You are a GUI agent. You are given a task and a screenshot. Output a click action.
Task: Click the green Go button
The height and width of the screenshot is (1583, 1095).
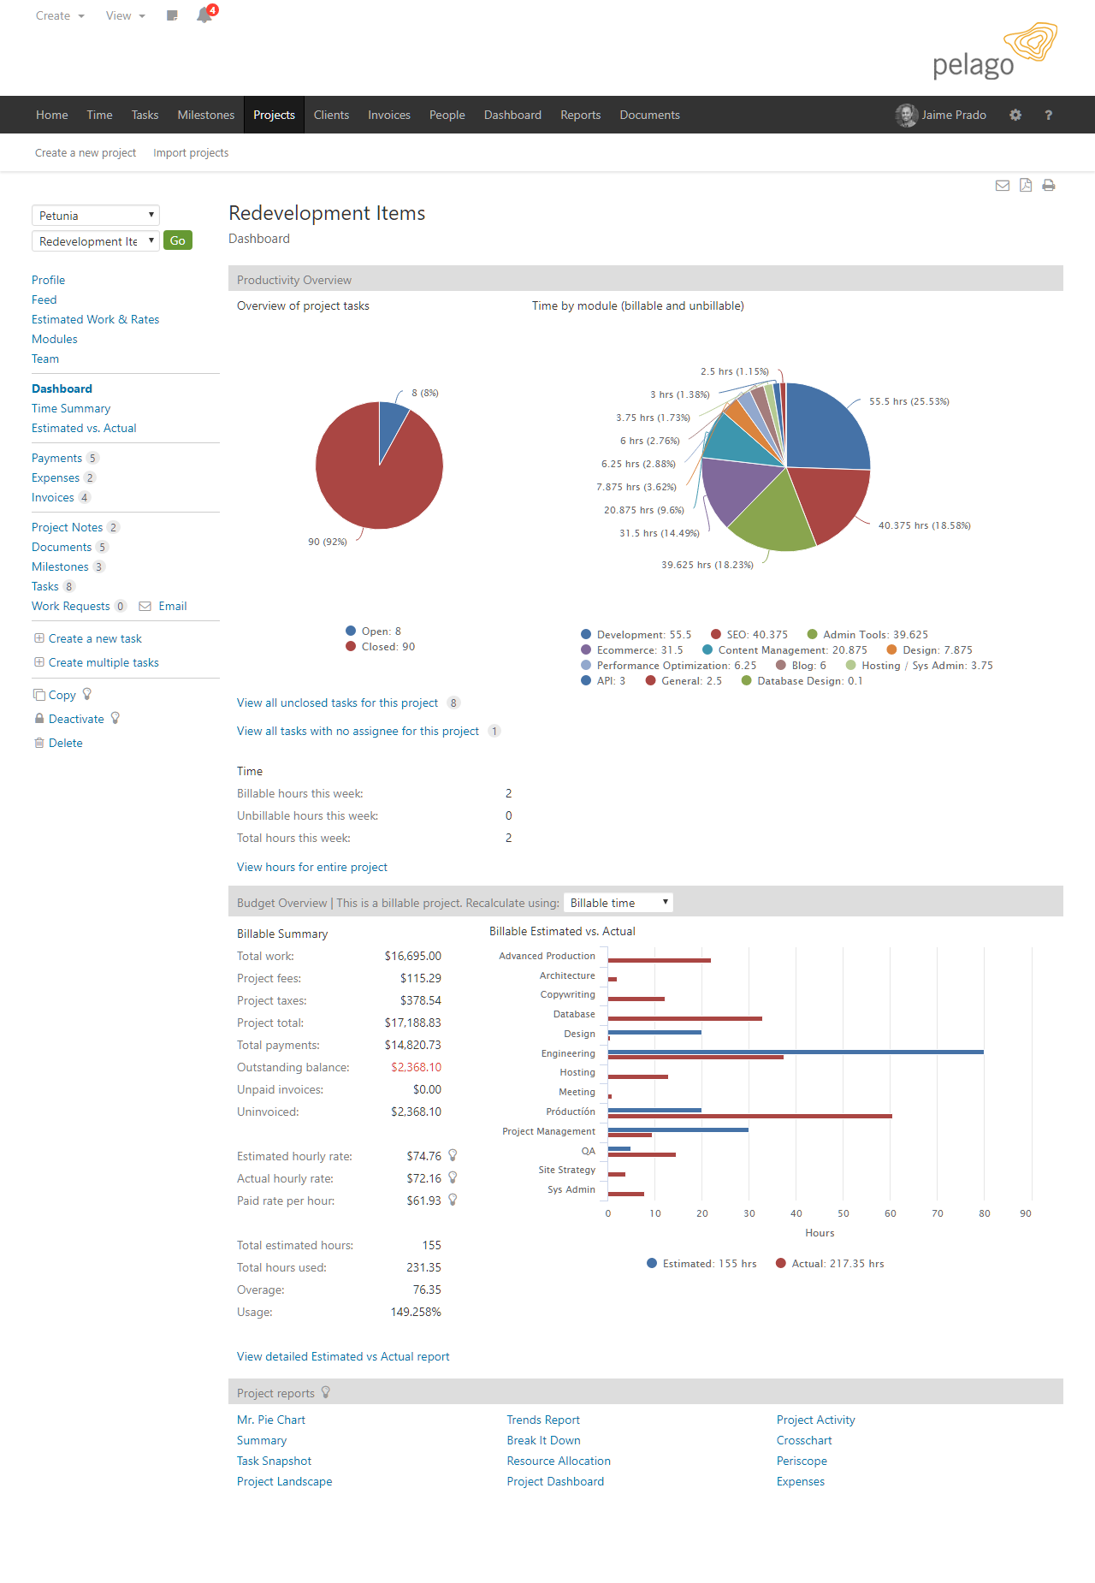[x=177, y=240]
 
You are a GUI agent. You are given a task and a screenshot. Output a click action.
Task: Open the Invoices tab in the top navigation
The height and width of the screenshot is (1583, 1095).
[x=388, y=115]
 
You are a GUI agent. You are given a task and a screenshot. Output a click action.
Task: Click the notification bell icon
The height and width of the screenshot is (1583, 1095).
[x=204, y=15]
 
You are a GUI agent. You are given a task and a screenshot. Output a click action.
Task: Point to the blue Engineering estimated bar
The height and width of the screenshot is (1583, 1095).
[x=796, y=1052]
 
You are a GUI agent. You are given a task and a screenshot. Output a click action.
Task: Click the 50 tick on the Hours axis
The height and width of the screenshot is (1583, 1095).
[x=843, y=1213]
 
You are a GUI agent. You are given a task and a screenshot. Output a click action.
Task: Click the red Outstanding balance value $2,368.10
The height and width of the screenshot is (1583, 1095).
[x=416, y=1067]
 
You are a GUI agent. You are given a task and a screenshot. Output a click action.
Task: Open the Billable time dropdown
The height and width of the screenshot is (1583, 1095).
[x=619, y=903]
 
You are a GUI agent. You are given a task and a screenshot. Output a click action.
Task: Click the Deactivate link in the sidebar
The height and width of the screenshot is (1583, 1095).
[x=76, y=719]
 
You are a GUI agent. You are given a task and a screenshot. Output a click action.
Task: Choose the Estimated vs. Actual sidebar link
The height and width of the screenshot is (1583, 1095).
[x=84, y=428]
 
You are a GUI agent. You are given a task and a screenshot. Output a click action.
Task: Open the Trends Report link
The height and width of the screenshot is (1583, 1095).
[x=543, y=1420]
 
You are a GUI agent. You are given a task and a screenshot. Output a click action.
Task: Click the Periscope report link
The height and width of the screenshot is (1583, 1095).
[x=802, y=1461]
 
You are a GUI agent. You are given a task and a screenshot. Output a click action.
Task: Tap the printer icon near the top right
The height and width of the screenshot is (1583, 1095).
[x=1049, y=185]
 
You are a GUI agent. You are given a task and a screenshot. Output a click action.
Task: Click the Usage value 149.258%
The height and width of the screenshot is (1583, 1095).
[x=416, y=1312]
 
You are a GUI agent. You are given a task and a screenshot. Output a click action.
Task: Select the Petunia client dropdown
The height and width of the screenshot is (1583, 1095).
[x=96, y=216]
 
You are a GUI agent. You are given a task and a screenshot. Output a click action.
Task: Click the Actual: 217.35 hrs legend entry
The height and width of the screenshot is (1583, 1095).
[x=830, y=1264]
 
